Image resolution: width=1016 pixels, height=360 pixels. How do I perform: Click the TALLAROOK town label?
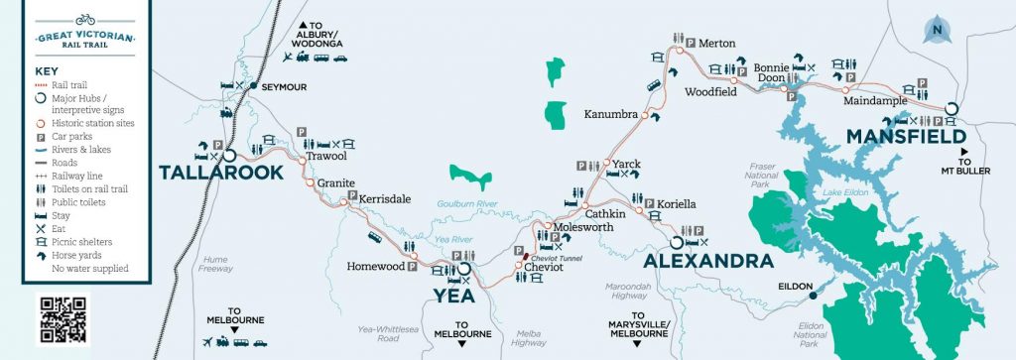[x=220, y=173]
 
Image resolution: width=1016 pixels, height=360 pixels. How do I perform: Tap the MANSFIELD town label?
[x=905, y=135]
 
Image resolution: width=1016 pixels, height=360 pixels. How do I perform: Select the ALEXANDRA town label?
[x=707, y=261]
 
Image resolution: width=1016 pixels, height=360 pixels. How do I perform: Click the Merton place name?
[x=716, y=44]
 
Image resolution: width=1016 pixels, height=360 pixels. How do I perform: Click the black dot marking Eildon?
[x=812, y=295]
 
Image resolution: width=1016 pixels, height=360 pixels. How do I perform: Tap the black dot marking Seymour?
[x=254, y=86]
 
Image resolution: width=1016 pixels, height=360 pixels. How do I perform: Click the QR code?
[x=63, y=318]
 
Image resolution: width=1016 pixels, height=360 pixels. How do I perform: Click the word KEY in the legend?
[x=48, y=72]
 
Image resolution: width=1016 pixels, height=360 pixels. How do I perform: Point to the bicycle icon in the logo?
[x=84, y=19]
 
